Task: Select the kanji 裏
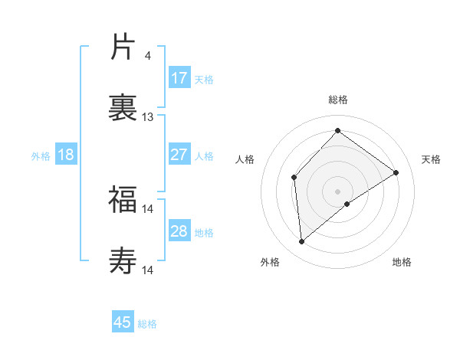(123, 107)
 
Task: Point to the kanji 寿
(123, 260)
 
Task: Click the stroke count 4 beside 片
(147, 55)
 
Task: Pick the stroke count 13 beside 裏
(148, 117)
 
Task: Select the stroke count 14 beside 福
(148, 208)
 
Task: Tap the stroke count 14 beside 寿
(148, 270)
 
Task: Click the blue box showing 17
(179, 78)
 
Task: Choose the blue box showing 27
(179, 155)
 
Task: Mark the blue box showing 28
(179, 231)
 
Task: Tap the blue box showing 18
(66, 155)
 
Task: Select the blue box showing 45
(123, 322)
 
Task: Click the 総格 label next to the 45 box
(148, 324)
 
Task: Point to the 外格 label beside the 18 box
(41, 156)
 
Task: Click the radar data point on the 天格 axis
(396, 172)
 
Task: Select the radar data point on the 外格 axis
(302, 242)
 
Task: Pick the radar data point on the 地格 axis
(347, 204)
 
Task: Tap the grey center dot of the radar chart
(338, 191)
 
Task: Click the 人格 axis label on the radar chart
(245, 159)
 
